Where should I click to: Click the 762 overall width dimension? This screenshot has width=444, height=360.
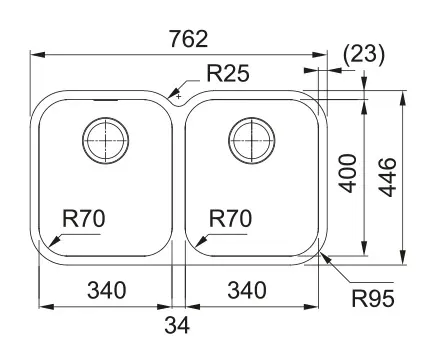tap(189, 39)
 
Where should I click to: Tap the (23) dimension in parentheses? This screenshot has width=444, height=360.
tap(364, 54)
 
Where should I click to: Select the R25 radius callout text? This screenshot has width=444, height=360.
tap(228, 73)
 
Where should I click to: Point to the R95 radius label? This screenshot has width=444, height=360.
tap(373, 298)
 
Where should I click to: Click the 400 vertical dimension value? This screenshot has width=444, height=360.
tap(349, 173)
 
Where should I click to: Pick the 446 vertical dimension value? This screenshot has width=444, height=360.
tap(389, 177)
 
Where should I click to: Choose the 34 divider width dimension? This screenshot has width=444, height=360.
tap(177, 325)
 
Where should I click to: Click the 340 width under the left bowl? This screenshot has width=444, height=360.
tap(107, 290)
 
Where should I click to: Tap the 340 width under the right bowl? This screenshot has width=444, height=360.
tap(247, 290)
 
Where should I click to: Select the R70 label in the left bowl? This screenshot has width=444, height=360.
tap(84, 219)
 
